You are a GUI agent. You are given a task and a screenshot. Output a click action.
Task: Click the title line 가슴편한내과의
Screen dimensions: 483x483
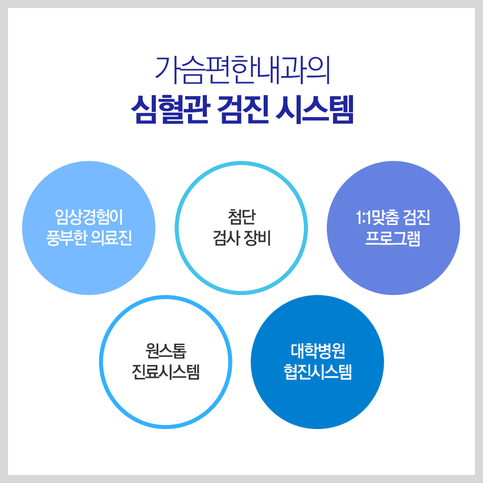[242, 70]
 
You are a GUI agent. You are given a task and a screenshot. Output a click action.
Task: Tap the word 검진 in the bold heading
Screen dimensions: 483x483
[243, 109]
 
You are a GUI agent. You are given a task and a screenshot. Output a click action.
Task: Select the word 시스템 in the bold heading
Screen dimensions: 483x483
[314, 109]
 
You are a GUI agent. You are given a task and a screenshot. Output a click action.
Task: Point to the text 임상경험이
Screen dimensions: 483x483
[89, 217]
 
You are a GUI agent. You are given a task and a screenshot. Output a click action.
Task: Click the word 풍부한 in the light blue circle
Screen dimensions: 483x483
[66, 238]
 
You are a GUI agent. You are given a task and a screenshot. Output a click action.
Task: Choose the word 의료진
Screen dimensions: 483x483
[112, 238]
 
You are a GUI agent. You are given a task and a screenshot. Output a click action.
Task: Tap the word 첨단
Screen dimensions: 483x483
[242, 217]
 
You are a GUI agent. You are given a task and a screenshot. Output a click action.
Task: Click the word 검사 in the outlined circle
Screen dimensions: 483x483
[226, 238]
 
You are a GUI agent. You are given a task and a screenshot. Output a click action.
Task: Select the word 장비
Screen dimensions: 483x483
[257, 238]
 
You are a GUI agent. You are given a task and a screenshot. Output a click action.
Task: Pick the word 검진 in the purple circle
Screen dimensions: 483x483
[417, 218]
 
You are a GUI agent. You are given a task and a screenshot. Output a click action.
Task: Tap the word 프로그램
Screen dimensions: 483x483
[393, 238]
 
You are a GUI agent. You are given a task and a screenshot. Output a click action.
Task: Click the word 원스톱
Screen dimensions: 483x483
[166, 351]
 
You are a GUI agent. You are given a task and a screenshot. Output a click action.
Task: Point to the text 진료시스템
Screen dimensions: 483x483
[166, 372]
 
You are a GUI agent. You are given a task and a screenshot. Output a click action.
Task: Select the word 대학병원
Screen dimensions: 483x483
[318, 351]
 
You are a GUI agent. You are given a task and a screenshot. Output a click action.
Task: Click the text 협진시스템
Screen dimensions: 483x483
[318, 372]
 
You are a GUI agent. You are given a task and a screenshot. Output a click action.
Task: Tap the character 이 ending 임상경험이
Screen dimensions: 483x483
[116, 217]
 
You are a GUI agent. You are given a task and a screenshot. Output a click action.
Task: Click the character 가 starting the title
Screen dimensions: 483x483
[166, 70]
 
